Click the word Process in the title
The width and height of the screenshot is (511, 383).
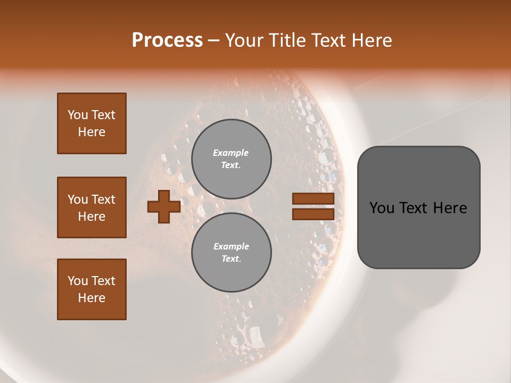click(167, 40)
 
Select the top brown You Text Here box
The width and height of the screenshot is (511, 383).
click(92, 123)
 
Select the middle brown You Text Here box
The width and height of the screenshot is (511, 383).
click(92, 207)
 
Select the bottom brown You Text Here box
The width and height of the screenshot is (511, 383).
click(92, 289)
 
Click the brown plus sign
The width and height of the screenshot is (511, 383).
click(164, 207)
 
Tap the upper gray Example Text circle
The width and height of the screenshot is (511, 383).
click(231, 159)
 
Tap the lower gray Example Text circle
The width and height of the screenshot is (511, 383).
click(231, 253)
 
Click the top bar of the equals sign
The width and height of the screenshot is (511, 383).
click(313, 199)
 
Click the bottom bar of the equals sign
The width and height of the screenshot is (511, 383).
click(313, 214)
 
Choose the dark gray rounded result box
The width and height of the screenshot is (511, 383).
click(418, 234)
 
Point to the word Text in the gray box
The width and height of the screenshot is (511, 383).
click(418, 208)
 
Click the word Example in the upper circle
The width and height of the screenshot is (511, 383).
click(230, 153)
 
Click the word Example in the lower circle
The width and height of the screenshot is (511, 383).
click(231, 246)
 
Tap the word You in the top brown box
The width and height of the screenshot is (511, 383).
click(77, 115)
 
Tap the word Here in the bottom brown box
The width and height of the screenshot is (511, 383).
click(92, 298)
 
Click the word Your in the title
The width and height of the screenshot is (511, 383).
click(243, 40)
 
